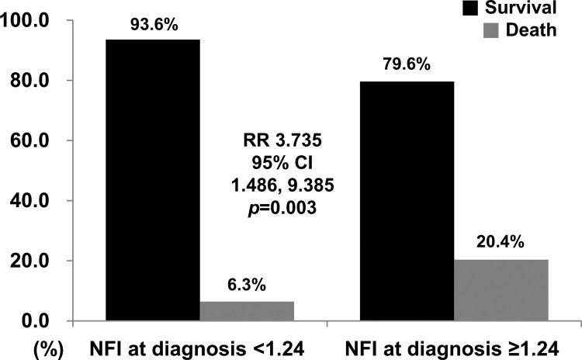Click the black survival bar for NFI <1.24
pos(153,180)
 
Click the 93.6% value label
pos(153,25)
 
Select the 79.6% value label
pos(406,66)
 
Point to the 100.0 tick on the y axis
pos(27,21)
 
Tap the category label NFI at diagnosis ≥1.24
pos(454,345)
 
